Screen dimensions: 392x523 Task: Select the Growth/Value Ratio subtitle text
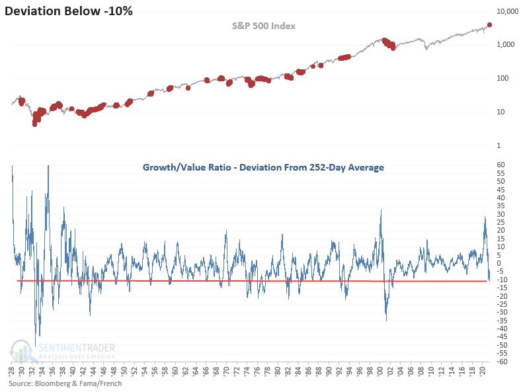[x=263, y=167]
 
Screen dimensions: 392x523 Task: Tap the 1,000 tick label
[x=508, y=45]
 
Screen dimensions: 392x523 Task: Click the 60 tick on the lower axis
[x=503, y=165]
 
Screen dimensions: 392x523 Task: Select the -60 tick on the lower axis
[x=504, y=362]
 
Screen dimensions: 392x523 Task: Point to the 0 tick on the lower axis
[x=501, y=263]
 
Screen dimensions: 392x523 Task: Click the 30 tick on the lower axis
[x=503, y=214]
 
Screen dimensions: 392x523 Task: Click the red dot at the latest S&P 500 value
[x=489, y=25]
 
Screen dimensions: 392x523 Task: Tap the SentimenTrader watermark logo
[x=63, y=350]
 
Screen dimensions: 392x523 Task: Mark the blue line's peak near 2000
[x=382, y=210]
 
